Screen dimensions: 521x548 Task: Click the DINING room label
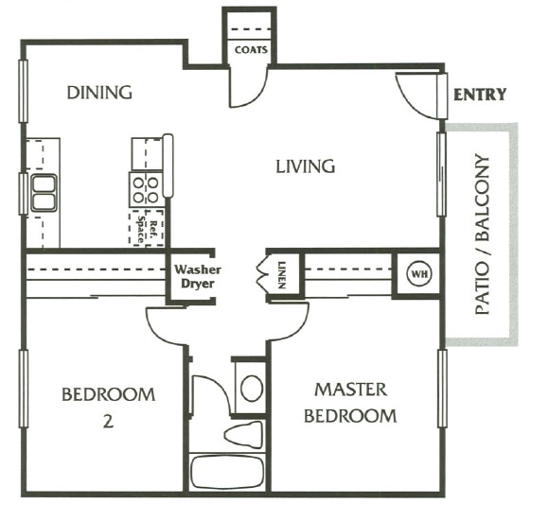pyautogui.click(x=98, y=93)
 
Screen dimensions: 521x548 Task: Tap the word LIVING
pyautogui.click(x=305, y=167)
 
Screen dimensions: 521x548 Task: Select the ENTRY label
pyautogui.click(x=480, y=95)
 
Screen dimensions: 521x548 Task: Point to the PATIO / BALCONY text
pyautogui.click(x=484, y=234)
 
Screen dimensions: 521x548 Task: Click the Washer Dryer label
pyautogui.click(x=196, y=276)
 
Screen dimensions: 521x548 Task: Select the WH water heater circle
pyautogui.click(x=417, y=274)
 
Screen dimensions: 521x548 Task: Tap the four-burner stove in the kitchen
pyautogui.click(x=146, y=190)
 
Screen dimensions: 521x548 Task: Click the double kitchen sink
pyautogui.click(x=44, y=192)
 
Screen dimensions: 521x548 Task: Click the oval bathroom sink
pyautogui.click(x=251, y=387)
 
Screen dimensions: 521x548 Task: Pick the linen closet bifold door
pyautogui.click(x=262, y=276)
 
